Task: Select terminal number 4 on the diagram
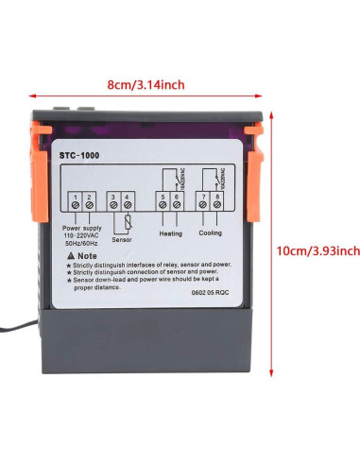pos(126,202)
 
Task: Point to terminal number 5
pos(163,202)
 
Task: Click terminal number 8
pos(219,202)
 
